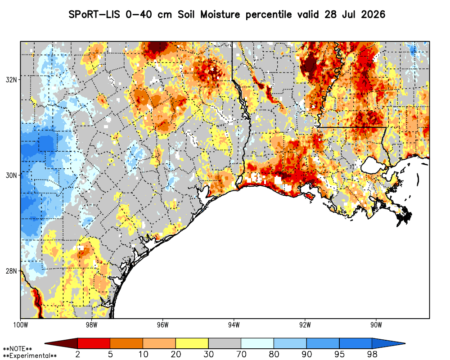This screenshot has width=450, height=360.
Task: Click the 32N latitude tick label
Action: point(11,80)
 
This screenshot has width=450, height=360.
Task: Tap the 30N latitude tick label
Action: point(11,175)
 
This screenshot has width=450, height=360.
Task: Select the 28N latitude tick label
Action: point(11,271)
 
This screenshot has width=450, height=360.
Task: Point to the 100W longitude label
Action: point(20,325)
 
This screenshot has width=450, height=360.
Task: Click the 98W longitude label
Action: point(91,325)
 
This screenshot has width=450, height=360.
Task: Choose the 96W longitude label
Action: point(163,325)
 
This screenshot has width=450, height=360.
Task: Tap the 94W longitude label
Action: point(234,325)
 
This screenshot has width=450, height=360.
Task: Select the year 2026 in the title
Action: point(373,14)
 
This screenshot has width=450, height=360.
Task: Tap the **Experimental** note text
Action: point(30,356)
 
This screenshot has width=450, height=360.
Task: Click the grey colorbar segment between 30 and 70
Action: point(225,343)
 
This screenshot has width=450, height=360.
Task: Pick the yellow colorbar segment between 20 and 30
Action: point(192,343)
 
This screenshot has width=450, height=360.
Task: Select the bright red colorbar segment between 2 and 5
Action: point(94,343)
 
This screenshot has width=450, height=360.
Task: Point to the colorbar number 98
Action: point(372,354)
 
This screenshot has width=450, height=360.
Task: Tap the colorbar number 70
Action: point(241,354)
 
